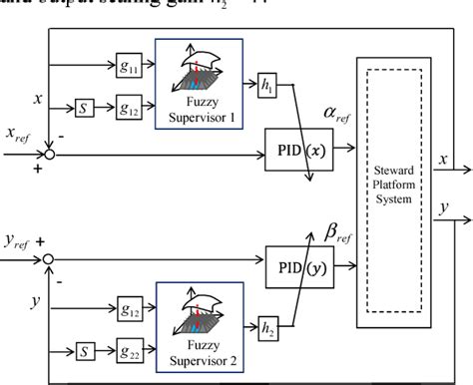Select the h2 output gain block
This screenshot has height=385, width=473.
[266, 324]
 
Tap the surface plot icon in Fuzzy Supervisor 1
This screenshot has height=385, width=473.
[205, 72]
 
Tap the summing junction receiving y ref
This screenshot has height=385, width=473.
[48, 258]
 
